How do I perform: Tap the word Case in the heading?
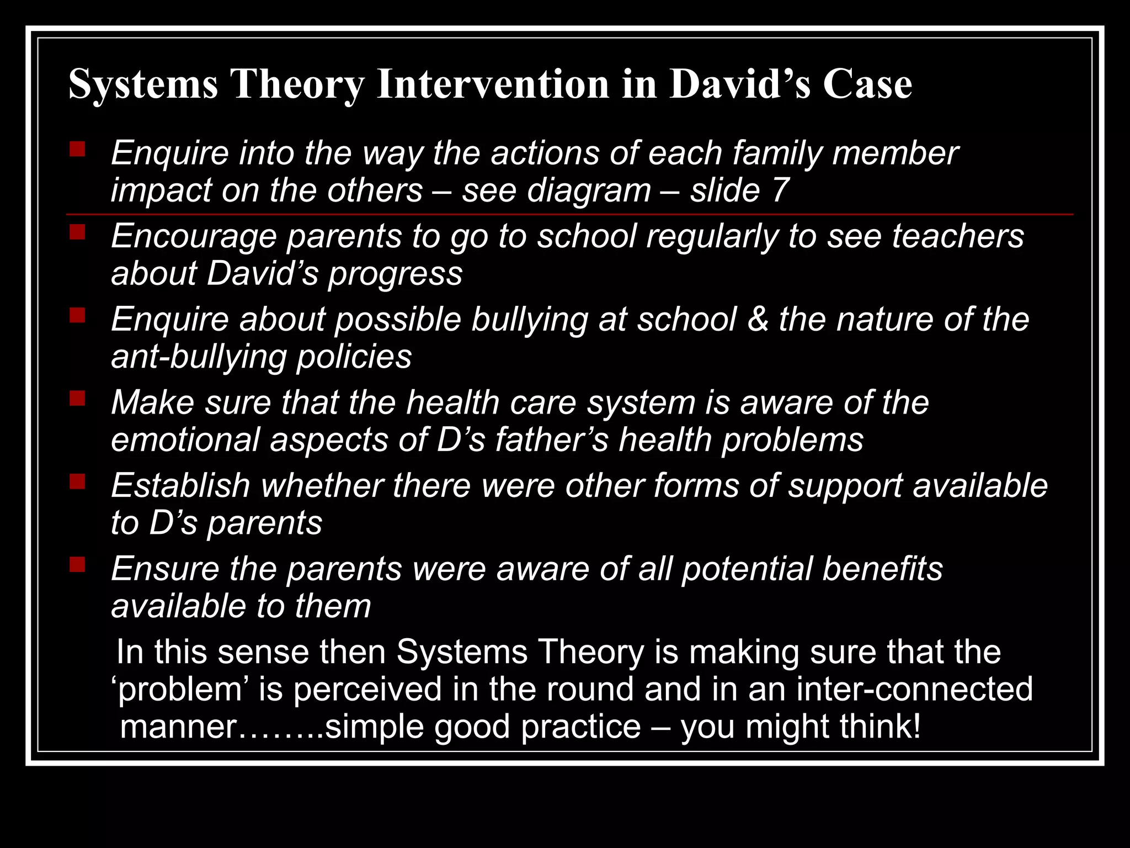[x=867, y=84]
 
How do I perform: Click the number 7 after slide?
[x=779, y=190]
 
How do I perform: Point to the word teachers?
[x=958, y=236]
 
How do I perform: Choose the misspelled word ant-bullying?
[x=199, y=357]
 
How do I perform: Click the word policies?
[x=354, y=357]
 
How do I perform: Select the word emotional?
[x=185, y=440]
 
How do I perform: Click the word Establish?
[x=181, y=486]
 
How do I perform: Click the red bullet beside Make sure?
[x=77, y=398]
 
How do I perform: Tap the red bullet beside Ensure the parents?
[x=77, y=565]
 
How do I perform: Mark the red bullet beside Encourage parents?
[x=77, y=232]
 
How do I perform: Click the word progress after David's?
[x=395, y=274]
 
